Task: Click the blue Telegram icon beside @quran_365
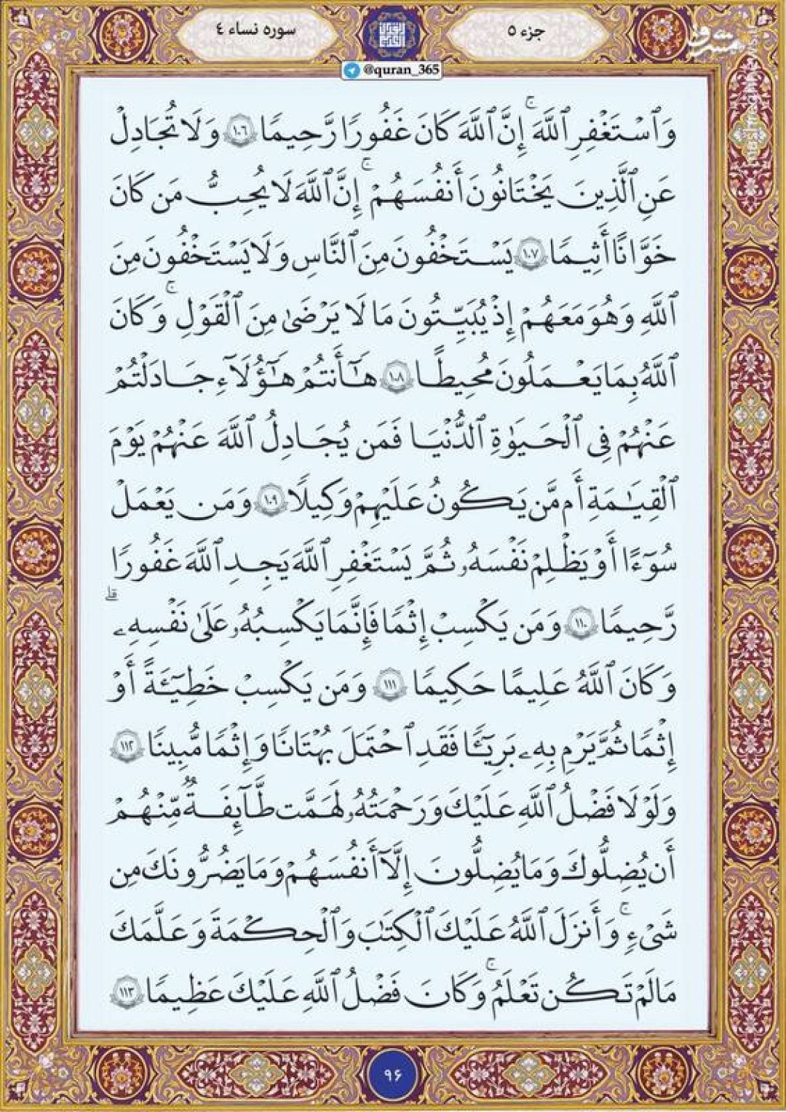click(352, 70)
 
